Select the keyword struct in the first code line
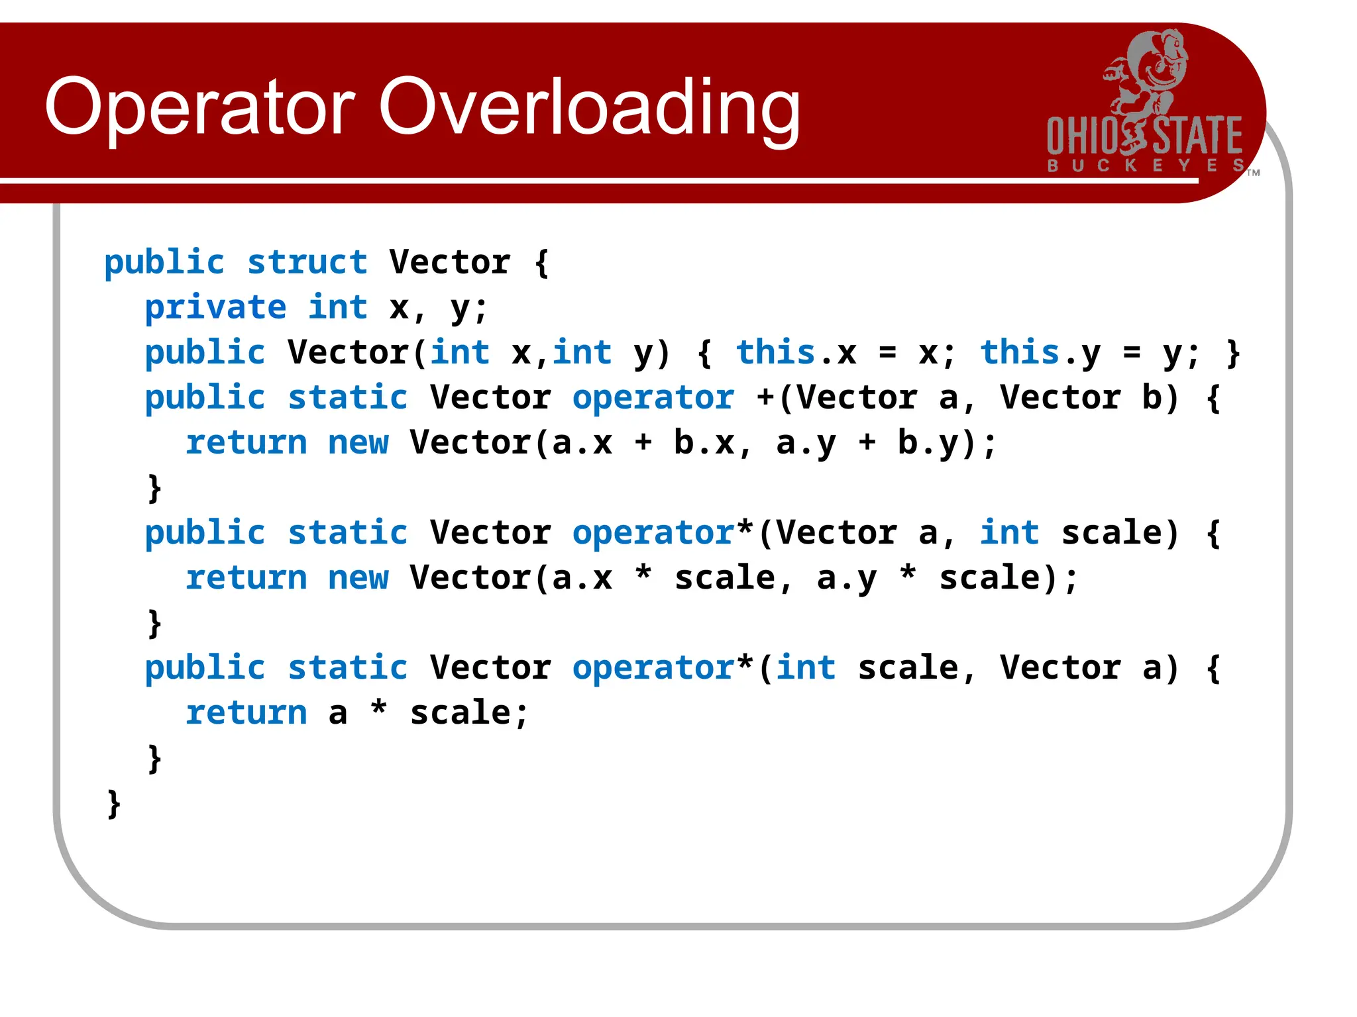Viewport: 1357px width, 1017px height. point(307,262)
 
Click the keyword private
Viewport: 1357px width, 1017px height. point(215,307)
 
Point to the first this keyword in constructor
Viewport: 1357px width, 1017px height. point(775,352)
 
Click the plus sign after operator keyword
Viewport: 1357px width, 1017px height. point(765,397)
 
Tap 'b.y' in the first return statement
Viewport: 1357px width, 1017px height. point(928,442)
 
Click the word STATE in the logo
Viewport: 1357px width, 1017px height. point(1198,136)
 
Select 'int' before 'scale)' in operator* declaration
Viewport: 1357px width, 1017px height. point(1009,532)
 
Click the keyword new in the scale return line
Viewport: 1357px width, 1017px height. point(358,577)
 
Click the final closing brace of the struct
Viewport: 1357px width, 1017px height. point(114,803)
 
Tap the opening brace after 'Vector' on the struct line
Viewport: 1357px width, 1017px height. point(541,262)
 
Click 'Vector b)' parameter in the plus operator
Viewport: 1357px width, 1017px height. point(1087,397)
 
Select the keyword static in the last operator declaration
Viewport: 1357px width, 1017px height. point(347,667)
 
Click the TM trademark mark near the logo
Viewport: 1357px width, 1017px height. point(1253,173)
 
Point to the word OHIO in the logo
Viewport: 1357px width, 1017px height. point(1081,136)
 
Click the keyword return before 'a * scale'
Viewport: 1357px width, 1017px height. point(246,712)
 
